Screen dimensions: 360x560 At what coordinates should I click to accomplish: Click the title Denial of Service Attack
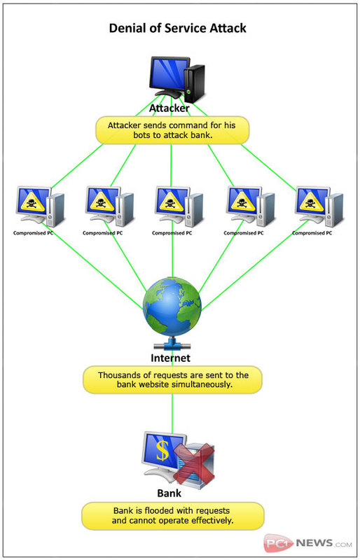click(178, 28)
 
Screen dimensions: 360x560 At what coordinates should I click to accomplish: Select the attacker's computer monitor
click(169, 76)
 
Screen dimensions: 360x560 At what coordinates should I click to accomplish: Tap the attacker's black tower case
click(194, 84)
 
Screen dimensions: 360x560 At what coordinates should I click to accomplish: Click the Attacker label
click(169, 108)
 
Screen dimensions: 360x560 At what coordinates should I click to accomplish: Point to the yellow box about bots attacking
click(172, 130)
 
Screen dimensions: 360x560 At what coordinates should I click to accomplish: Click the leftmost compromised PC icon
click(40, 206)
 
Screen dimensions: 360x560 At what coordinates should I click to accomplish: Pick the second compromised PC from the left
click(109, 206)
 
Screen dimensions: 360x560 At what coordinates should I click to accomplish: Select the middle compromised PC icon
click(179, 206)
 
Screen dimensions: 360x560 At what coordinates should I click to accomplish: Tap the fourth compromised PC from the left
click(250, 206)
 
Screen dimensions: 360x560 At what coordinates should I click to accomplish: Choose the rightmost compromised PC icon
click(319, 206)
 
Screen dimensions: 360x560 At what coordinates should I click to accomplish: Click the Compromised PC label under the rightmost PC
click(312, 233)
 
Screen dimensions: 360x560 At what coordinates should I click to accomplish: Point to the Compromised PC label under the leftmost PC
click(33, 233)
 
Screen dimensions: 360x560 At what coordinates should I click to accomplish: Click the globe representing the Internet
click(172, 307)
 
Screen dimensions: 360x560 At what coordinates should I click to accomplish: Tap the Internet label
click(170, 358)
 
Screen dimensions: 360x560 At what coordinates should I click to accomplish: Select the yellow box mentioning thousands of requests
click(173, 379)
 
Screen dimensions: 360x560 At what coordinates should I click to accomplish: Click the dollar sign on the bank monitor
click(162, 449)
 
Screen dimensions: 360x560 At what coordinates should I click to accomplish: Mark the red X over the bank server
click(194, 463)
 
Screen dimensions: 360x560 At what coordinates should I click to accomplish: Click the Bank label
click(169, 493)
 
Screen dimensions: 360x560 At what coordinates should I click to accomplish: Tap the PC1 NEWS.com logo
click(307, 543)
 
